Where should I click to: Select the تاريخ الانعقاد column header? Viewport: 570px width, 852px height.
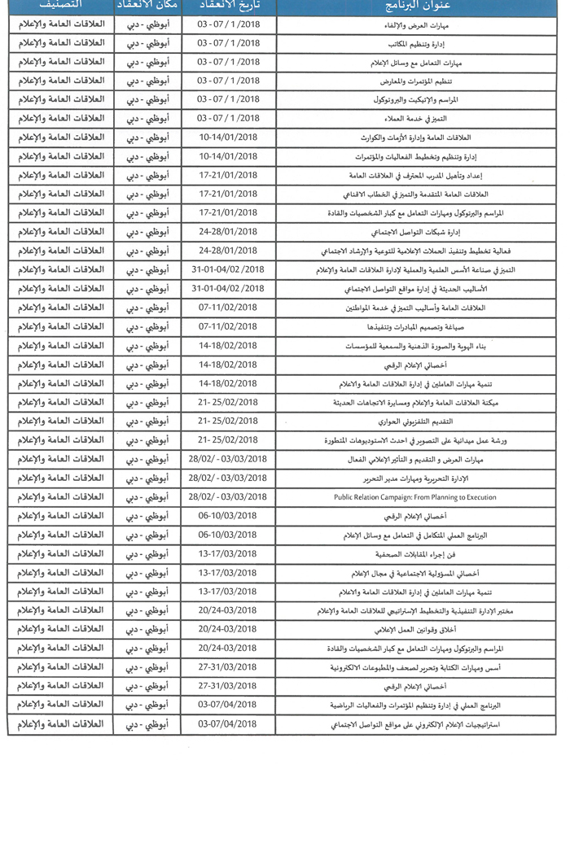(228, 7)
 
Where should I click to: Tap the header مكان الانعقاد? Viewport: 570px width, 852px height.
(147, 7)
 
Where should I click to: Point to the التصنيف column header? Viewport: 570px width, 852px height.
(60, 7)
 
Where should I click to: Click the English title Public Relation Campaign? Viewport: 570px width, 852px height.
(414, 496)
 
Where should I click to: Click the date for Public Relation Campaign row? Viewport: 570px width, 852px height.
(228, 496)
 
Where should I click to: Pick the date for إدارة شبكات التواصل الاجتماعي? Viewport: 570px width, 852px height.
(228, 232)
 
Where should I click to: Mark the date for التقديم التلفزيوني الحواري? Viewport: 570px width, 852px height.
(228, 422)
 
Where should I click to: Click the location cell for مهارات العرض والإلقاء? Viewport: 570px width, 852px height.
(147, 24)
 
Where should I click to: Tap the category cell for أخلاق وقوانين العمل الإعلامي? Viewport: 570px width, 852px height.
(60, 629)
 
